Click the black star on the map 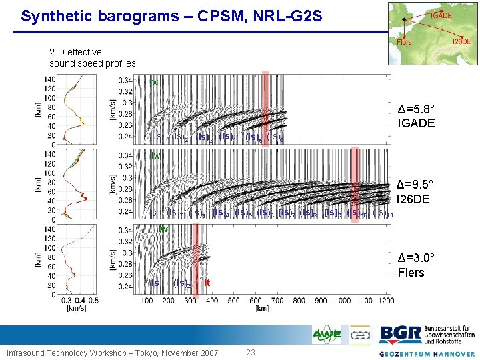tap(404, 19)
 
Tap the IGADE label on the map tap(441, 15)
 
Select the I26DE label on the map tap(461, 41)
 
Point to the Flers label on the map tap(404, 42)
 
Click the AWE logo tap(327, 335)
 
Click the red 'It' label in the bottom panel tap(207, 283)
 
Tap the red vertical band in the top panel tap(265, 107)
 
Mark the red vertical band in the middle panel tap(355, 183)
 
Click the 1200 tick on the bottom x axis tap(385, 301)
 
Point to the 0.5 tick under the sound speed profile tap(93, 301)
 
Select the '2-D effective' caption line tap(75, 52)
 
